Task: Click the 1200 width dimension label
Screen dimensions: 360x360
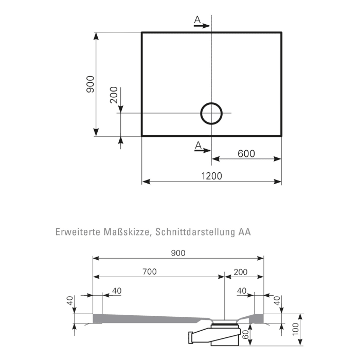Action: tap(211, 175)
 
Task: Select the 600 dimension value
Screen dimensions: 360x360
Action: tap(246, 153)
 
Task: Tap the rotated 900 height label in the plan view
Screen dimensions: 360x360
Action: tap(90, 84)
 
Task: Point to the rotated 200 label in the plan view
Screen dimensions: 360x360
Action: tap(114, 96)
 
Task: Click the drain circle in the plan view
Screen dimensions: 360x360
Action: tap(211, 113)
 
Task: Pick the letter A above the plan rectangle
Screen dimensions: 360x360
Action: tap(197, 20)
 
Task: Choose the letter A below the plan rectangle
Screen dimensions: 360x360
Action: tap(197, 146)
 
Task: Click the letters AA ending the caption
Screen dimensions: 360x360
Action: tap(244, 232)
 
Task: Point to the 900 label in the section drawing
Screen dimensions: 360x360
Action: tap(178, 253)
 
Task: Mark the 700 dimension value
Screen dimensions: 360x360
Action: tap(149, 271)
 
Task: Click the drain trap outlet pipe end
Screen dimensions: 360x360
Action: tap(191, 338)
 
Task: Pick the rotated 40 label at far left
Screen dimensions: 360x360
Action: tap(70, 300)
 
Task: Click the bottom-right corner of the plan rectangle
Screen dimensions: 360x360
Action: tap(281, 136)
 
